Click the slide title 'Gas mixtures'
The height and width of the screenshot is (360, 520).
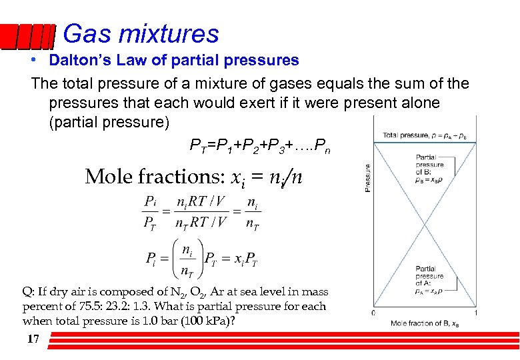[141, 34]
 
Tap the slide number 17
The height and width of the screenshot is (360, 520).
[33, 339]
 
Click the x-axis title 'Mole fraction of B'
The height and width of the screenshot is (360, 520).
[424, 323]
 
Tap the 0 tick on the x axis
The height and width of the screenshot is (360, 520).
[373, 313]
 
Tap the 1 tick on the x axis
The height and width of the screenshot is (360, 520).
[475, 313]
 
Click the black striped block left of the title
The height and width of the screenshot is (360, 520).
[27, 37]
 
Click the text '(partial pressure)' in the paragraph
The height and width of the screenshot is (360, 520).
[110, 123]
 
